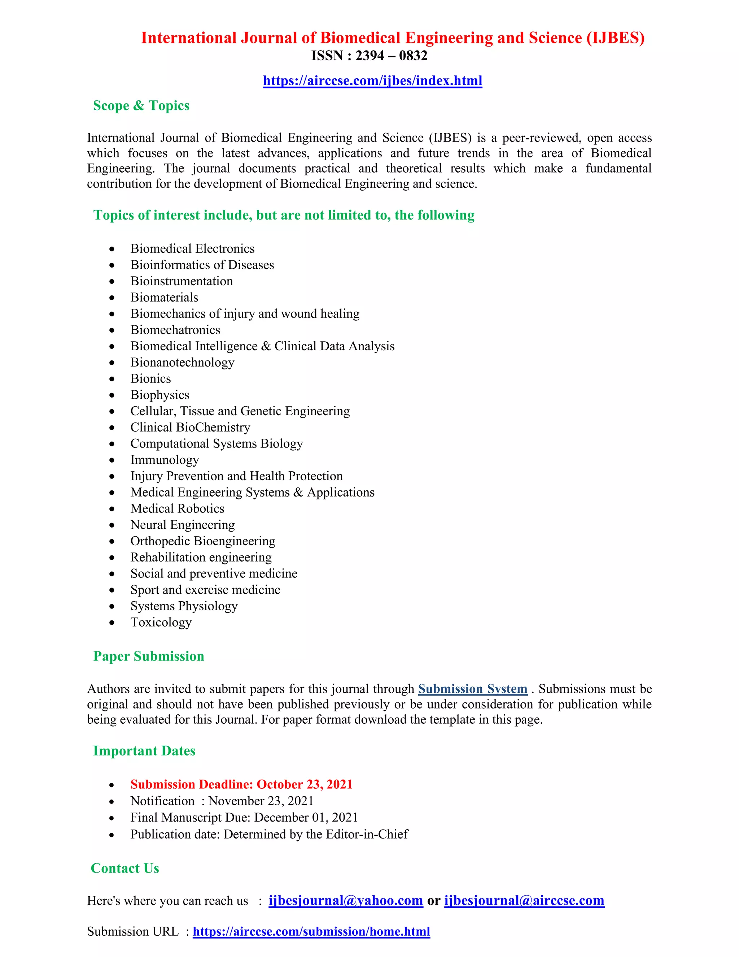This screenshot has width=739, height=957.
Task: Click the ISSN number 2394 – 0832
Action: tap(369, 56)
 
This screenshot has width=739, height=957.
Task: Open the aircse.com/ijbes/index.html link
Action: tap(372, 81)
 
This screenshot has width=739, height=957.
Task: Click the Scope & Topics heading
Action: tap(141, 105)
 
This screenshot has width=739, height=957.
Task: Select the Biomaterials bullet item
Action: tap(164, 298)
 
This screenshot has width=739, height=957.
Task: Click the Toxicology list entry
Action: tap(161, 622)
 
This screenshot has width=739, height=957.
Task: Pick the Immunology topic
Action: tap(165, 460)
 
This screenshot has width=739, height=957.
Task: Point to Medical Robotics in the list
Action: tap(177, 508)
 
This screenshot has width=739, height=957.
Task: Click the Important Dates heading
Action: tap(144, 751)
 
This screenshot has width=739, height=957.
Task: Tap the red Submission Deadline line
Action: tap(241, 784)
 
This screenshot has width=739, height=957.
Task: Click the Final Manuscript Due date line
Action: tap(244, 818)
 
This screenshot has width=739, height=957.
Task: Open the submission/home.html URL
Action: tap(311, 932)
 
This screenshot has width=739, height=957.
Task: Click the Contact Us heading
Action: tap(125, 868)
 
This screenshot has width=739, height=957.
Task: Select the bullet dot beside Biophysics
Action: tap(112, 395)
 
